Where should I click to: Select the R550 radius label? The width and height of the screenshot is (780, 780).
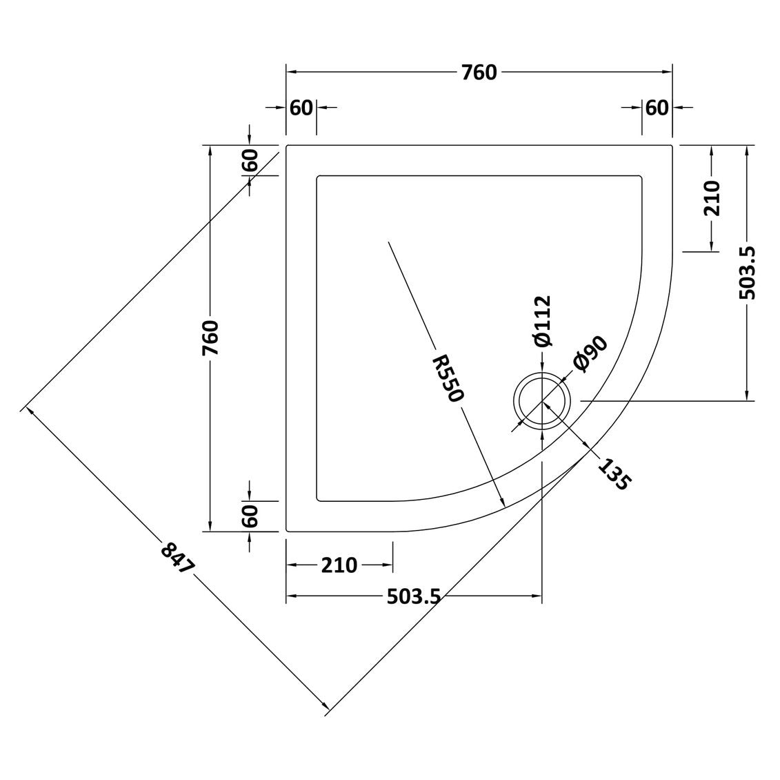pyautogui.click(x=448, y=378)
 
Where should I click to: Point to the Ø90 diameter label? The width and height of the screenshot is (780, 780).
pyautogui.click(x=590, y=354)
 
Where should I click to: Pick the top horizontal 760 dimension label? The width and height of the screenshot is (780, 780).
pyautogui.click(x=479, y=72)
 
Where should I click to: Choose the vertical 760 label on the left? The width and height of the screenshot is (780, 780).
pyautogui.click(x=210, y=338)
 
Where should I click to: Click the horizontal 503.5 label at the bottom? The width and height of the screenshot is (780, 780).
pyautogui.click(x=414, y=596)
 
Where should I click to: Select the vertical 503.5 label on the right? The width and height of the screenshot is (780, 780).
pyautogui.click(x=747, y=273)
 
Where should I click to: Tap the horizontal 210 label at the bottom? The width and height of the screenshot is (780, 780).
pyautogui.click(x=339, y=565)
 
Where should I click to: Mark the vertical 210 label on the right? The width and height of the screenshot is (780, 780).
pyautogui.click(x=712, y=198)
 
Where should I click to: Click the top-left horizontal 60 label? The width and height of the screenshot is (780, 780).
pyautogui.click(x=301, y=108)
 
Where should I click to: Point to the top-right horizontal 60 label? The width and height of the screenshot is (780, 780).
pyautogui.click(x=657, y=108)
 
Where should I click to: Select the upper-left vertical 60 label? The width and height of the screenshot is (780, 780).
pyautogui.click(x=250, y=160)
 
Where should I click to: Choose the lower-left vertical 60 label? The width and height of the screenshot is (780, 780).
pyautogui.click(x=250, y=516)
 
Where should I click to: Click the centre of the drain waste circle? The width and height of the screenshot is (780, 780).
pyautogui.click(x=541, y=400)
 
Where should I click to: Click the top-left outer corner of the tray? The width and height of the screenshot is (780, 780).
pyautogui.click(x=286, y=146)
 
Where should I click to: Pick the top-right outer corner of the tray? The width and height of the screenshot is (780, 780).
pyautogui.click(x=672, y=146)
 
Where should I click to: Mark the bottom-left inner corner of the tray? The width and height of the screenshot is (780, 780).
pyautogui.click(x=317, y=500)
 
